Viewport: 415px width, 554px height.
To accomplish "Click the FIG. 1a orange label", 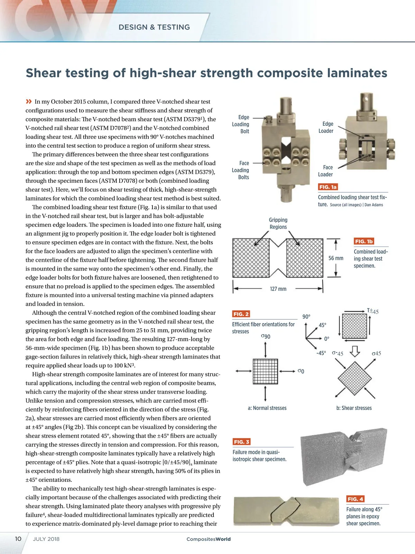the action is click(x=328, y=187).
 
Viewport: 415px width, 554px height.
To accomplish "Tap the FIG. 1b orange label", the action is click(x=363, y=241).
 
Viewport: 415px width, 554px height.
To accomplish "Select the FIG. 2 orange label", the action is click(x=241, y=314).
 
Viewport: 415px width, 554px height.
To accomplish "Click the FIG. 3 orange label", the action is click(x=241, y=442).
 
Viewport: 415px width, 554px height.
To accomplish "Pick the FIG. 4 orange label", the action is click(x=355, y=499).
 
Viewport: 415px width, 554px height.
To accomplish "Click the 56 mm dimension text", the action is click(x=335, y=258).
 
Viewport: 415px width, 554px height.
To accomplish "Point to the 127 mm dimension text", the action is click(x=278, y=289).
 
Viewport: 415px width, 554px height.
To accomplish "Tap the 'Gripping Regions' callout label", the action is click(x=278, y=223).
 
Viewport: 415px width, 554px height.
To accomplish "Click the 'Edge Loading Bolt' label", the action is click(x=241, y=124).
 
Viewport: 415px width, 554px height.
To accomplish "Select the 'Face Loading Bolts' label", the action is click(x=241, y=170).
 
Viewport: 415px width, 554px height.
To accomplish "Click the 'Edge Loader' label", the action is click(x=326, y=127).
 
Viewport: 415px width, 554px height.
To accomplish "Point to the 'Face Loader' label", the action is click(x=325, y=171).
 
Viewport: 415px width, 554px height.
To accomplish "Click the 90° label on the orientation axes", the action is click(x=306, y=316).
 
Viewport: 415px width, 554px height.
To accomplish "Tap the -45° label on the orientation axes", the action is click(x=321, y=353).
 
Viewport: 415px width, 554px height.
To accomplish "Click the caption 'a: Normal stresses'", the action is click(x=267, y=408).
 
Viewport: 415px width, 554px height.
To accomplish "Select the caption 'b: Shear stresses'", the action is click(x=354, y=408).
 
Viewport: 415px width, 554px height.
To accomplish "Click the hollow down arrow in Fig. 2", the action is click(x=355, y=351).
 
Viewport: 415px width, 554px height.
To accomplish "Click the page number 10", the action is click(x=18, y=539).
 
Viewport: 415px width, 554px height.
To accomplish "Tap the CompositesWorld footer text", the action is click(x=209, y=539).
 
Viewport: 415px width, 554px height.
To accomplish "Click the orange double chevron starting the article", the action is click(x=29, y=101).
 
